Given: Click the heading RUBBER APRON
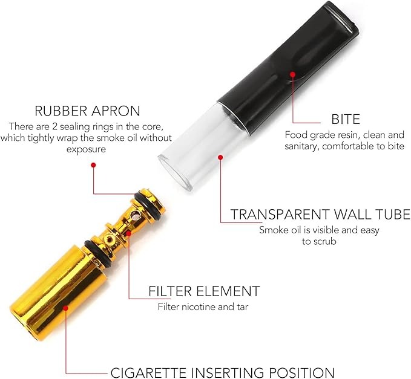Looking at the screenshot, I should [x=88, y=111].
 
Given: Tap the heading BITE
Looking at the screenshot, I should [x=346, y=118].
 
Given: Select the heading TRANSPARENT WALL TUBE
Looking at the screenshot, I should [x=320, y=215].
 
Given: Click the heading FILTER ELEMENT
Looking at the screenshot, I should [x=204, y=291].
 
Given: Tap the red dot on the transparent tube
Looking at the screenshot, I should [x=220, y=157].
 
